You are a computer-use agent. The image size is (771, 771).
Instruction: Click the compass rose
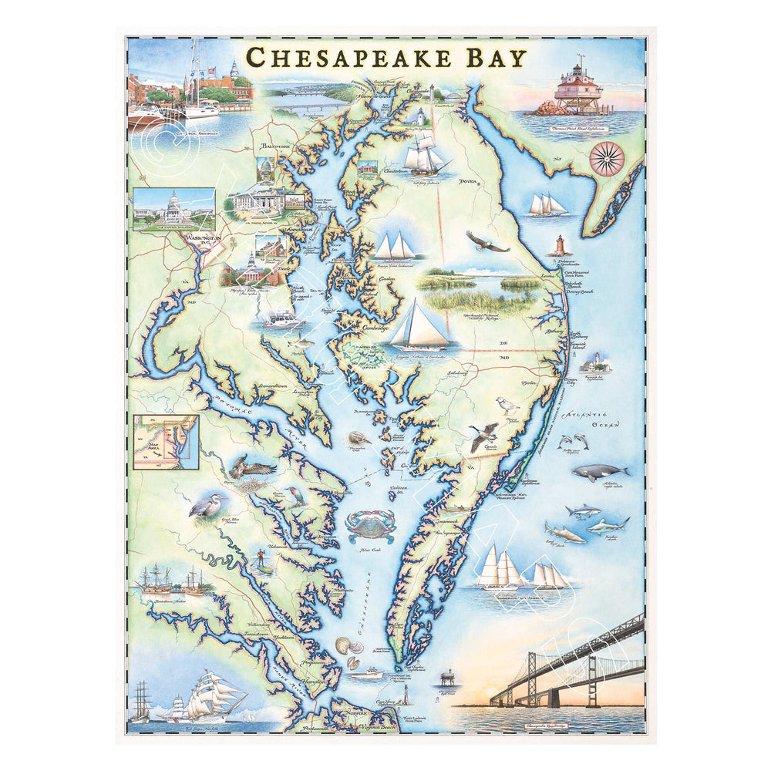pos(607,157)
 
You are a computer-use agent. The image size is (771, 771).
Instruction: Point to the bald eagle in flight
pos(487,242)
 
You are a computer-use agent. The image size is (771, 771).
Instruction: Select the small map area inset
pos(165,443)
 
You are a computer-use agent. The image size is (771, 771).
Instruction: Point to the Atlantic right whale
pos(600,473)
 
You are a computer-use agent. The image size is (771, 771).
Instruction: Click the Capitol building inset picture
pos(173,208)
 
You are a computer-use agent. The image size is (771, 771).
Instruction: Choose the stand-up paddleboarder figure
pos(264,563)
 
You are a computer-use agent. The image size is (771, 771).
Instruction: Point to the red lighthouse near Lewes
pos(560,245)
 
